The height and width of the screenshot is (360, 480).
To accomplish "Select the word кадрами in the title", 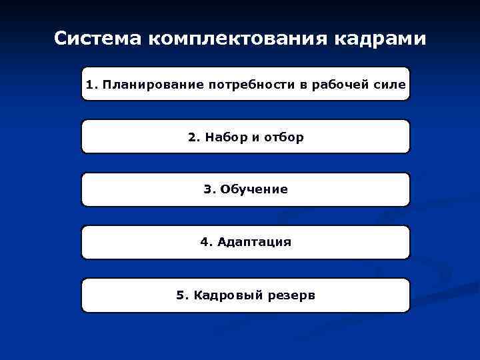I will pyautogui.click(x=385, y=39).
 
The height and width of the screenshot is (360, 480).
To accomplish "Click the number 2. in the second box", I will pyautogui.click(x=194, y=137).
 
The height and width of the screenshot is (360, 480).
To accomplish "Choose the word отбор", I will pyautogui.click(x=283, y=137).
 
